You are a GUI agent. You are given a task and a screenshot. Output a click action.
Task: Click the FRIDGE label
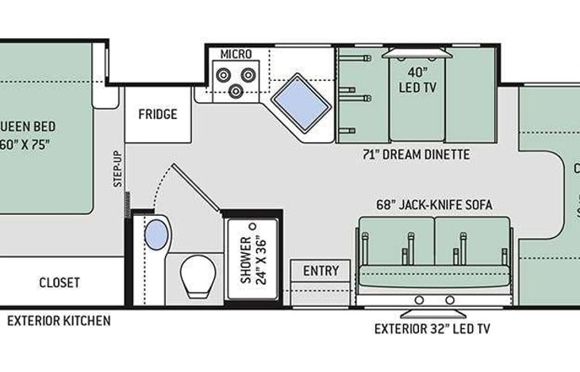[x=157, y=113]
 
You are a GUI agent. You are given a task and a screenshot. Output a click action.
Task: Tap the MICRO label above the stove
[x=236, y=54]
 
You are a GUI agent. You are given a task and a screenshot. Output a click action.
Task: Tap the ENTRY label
[x=321, y=270]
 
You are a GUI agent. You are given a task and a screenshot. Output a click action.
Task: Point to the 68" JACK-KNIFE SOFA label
[x=434, y=205]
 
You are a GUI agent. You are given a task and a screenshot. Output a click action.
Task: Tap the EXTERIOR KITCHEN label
[x=59, y=321]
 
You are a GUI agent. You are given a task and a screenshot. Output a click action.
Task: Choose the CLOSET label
[x=60, y=282]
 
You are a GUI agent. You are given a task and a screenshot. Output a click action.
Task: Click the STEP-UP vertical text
[x=117, y=168]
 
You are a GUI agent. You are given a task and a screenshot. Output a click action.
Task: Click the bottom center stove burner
[x=236, y=90]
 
